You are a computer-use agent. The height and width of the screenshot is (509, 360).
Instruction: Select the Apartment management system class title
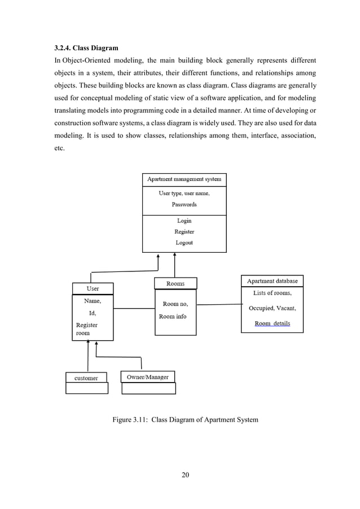(184, 179)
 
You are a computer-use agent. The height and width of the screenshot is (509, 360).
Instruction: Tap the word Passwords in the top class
(184, 204)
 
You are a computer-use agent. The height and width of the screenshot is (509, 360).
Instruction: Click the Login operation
(184, 221)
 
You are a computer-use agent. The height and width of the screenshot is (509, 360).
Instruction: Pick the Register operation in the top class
(184, 231)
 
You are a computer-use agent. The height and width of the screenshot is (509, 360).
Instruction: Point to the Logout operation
(184, 243)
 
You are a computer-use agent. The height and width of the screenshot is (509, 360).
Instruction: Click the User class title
(93, 288)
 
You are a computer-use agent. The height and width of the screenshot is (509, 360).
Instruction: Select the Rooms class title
(175, 283)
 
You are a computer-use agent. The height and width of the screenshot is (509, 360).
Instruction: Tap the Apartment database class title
(272, 280)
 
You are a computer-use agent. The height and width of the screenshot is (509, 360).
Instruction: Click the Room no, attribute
(175, 304)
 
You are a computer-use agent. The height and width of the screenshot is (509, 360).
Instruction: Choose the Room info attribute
(173, 317)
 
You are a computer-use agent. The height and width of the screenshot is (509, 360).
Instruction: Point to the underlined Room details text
(272, 323)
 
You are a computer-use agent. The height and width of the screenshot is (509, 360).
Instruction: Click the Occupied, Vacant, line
(272, 308)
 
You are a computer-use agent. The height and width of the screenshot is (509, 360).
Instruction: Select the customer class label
(86, 378)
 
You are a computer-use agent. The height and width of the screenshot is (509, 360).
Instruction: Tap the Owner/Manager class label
(148, 376)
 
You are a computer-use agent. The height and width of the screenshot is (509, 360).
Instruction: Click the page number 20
(185, 473)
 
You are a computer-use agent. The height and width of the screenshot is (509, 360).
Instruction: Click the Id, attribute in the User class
(93, 313)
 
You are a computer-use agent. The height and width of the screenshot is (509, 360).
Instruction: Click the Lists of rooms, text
(272, 293)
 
